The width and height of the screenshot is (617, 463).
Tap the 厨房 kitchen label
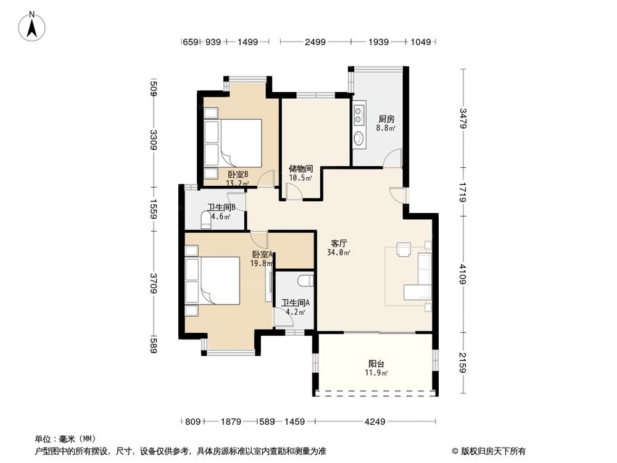click(386, 119)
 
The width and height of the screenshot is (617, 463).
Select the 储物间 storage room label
click(301, 169)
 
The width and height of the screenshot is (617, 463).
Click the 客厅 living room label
click(339, 243)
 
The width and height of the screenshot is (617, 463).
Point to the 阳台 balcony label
click(376, 364)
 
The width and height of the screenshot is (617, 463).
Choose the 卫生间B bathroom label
click(220, 207)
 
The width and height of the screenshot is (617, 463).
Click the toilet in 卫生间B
click(206, 219)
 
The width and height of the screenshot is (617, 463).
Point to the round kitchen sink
click(359, 138)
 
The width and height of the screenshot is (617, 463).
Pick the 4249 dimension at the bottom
click(375, 422)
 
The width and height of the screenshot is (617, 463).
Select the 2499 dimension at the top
click(315, 42)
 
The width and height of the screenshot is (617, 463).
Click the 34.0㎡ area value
click(339, 252)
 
